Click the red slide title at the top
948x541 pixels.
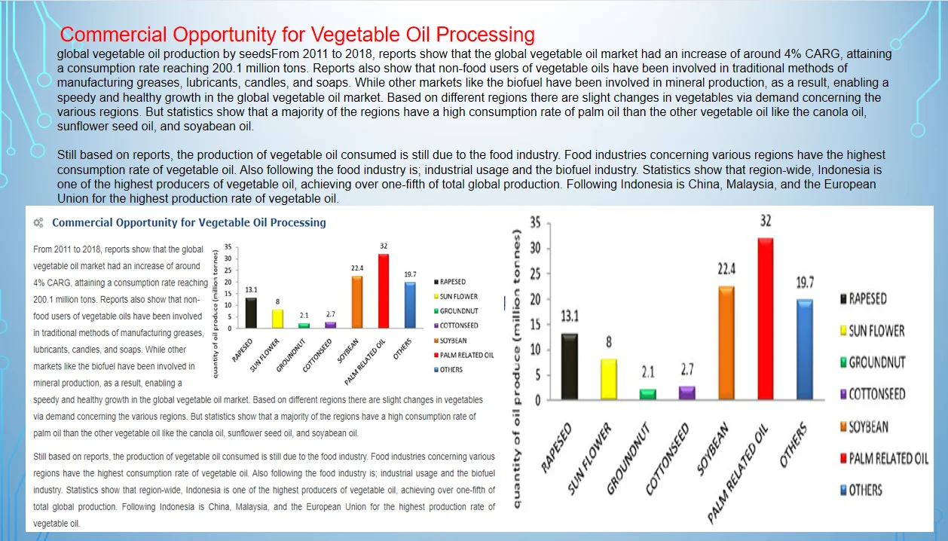(298, 35)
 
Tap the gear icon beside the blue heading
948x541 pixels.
(38, 223)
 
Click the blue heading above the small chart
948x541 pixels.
(189, 223)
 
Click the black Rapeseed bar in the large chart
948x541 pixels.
(570, 366)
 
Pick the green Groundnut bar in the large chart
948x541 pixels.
(648, 394)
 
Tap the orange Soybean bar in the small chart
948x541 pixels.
(356, 301)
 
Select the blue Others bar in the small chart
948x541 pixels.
(410, 304)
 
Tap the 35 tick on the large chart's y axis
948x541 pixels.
(535, 223)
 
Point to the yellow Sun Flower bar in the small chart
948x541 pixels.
(277, 319)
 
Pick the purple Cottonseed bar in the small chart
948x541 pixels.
(330, 324)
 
